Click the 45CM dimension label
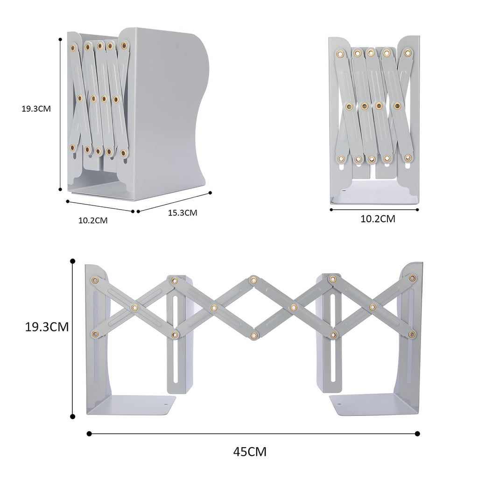250,451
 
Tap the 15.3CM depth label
183,212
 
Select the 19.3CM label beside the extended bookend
47,327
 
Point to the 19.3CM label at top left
36,109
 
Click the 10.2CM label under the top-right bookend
378,219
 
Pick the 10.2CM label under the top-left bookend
93,220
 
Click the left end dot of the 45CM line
89,434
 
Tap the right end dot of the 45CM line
417,434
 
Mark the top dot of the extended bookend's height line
72,261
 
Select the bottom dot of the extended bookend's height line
72,416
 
